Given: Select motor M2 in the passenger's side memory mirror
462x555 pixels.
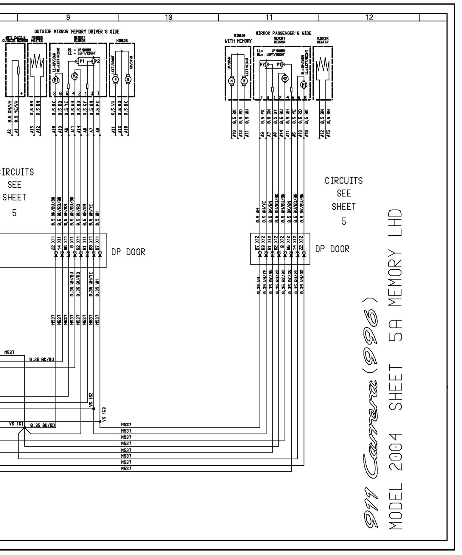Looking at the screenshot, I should tap(285, 78).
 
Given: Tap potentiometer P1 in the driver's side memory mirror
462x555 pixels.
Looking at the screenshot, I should tap(81, 61).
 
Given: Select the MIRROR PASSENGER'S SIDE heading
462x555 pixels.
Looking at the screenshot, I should tap(283, 33).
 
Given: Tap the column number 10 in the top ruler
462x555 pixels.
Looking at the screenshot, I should tap(168, 18).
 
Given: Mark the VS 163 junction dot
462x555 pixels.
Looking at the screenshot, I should tap(100, 421).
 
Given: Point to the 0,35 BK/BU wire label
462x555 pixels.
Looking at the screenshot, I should tap(42, 360).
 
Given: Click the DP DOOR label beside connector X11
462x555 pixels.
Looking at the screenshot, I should tap(128, 252).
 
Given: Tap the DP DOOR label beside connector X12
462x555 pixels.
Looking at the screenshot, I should tap(332, 249).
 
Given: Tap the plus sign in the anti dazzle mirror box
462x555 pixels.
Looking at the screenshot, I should tap(21, 94).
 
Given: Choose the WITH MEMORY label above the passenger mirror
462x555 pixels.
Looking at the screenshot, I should tap(238, 41).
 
